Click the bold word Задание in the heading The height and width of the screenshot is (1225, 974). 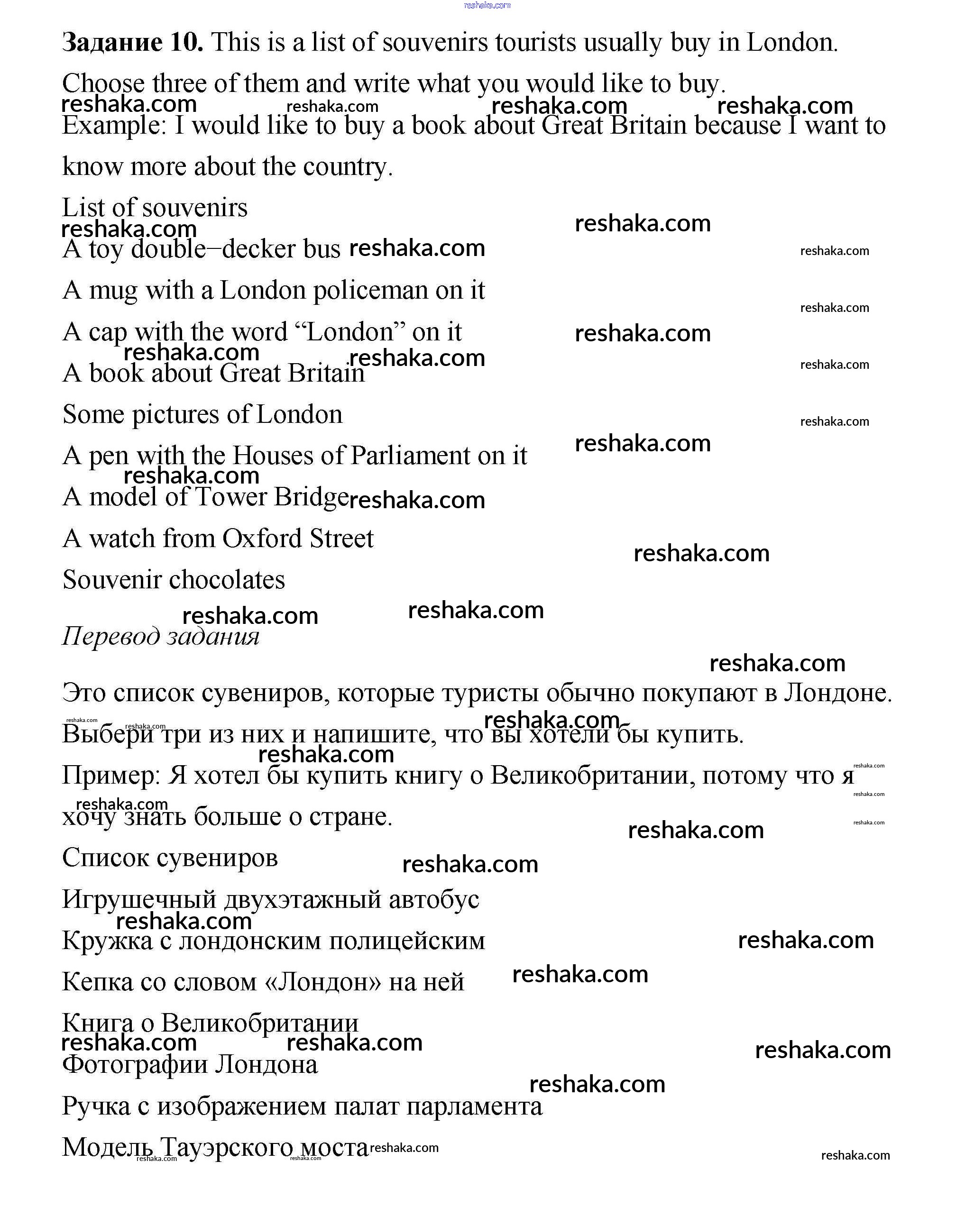[x=112, y=43]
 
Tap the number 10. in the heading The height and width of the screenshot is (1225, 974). [x=186, y=43]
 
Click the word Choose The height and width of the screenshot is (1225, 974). [x=103, y=84]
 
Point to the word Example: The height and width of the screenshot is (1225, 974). [x=114, y=126]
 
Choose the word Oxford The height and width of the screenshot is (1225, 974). [x=260, y=539]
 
